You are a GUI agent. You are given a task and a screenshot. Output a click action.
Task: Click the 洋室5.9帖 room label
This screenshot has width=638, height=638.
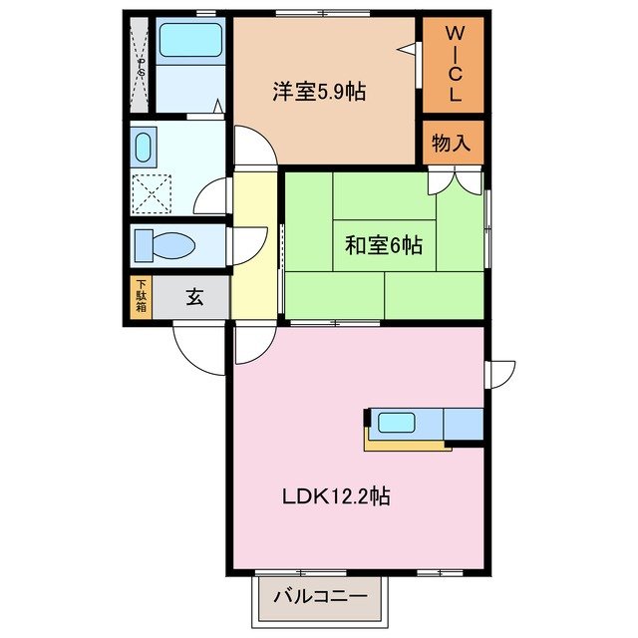pos(319,93)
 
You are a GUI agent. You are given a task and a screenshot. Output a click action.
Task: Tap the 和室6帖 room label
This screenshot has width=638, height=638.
pos(384,245)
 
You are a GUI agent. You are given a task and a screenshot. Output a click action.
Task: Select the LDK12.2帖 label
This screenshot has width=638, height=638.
pos(334,495)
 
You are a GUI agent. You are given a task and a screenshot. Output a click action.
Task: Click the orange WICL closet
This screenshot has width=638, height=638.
pos(452,65)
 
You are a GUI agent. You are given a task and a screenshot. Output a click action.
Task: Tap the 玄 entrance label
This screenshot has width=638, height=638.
pos(193,298)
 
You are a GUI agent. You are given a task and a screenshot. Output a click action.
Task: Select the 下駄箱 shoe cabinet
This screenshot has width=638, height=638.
pos(142,298)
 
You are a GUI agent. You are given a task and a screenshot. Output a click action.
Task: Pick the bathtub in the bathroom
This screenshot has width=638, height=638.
pos(190,41)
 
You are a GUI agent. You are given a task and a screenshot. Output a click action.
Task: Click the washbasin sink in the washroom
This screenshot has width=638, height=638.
pos(142,149)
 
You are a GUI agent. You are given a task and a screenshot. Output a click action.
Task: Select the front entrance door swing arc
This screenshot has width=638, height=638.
pos(199,349)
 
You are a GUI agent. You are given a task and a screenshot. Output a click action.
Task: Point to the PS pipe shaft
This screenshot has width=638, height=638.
pos(141,66)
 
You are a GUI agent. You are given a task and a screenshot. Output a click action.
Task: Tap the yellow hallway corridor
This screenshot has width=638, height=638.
pos(254,249)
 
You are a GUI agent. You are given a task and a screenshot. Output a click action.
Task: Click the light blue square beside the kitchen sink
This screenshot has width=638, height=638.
pos(463,424)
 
